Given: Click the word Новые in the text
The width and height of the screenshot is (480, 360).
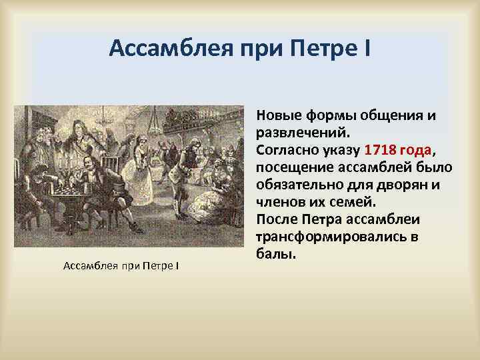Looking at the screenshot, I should (x=279, y=115).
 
